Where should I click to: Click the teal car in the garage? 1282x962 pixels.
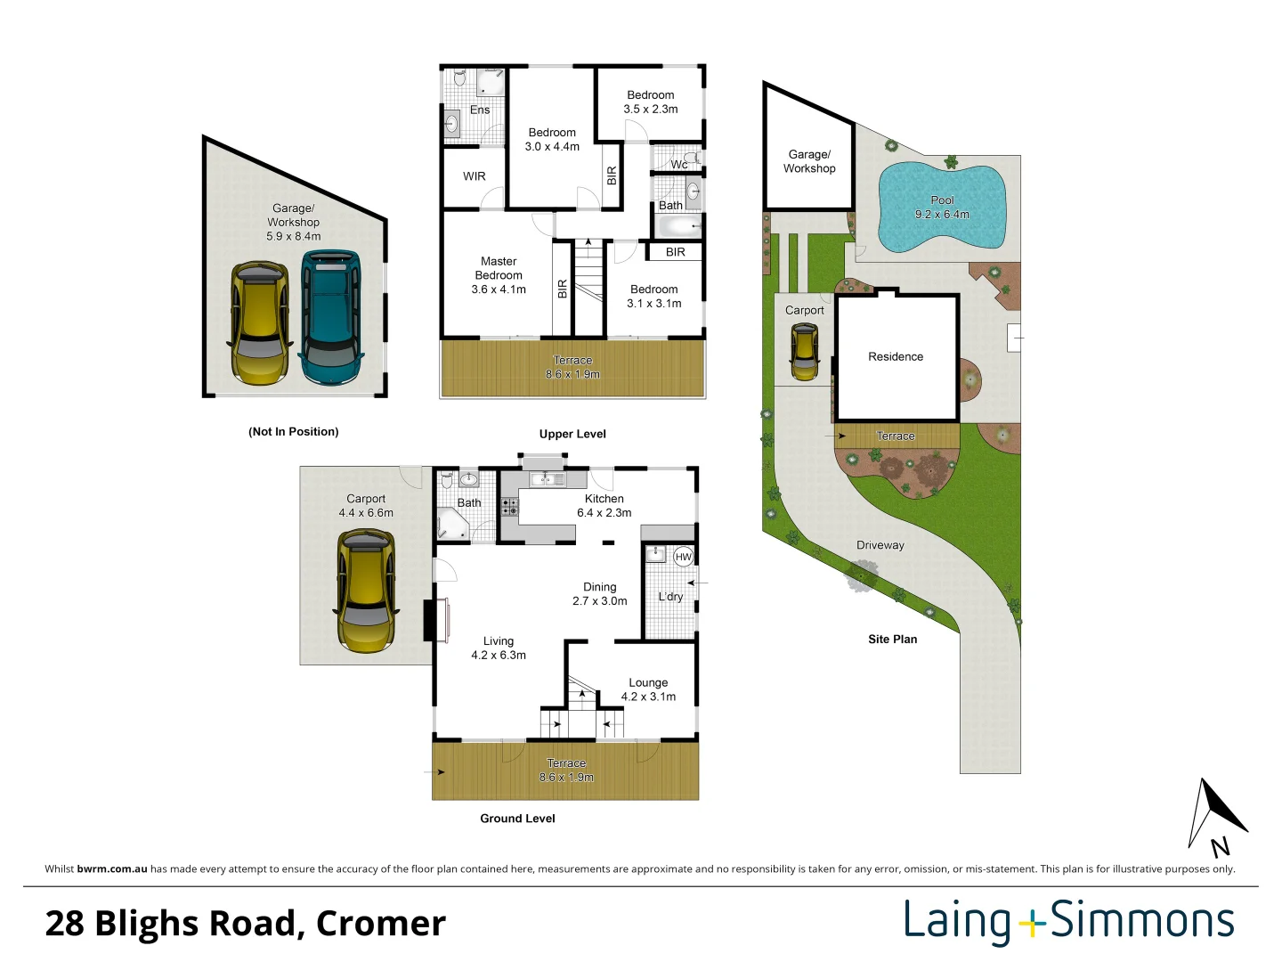coord(330,317)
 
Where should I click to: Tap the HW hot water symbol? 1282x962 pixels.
coord(683,557)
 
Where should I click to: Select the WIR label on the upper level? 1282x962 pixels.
coord(475,175)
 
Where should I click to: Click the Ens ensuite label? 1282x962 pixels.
coord(480,110)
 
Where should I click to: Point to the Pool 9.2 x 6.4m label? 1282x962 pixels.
coord(942,208)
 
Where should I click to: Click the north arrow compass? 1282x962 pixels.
coord(1216,818)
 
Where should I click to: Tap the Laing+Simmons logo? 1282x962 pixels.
coord(1069,922)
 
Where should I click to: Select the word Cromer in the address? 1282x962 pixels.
coord(381,924)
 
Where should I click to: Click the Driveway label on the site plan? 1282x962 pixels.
coord(880,545)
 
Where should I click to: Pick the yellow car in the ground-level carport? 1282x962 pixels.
coord(366,591)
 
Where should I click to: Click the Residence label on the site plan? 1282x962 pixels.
coord(896,356)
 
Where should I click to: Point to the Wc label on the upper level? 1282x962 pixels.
coord(678,165)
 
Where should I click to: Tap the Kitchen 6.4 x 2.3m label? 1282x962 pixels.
coord(604,506)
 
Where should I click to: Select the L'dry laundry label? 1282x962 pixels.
coord(670,597)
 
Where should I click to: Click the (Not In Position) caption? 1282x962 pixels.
coord(293,432)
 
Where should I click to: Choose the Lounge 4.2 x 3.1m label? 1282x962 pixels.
coord(648,689)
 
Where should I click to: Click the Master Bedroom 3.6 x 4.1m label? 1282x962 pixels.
coord(499,275)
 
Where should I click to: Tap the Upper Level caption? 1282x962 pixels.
coord(572,434)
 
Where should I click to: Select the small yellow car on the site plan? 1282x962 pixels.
coord(804,352)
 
